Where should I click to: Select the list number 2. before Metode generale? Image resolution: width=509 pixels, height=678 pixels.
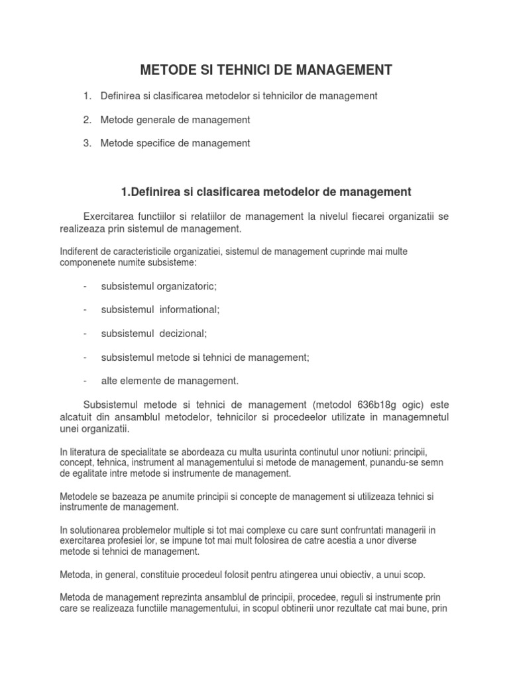[87, 120]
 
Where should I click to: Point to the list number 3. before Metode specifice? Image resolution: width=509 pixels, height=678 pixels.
[87, 143]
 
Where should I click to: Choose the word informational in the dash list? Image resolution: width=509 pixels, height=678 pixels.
[189, 309]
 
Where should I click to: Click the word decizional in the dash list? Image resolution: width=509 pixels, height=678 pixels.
[184, 333]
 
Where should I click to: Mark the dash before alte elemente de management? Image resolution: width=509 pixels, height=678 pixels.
[86, 381]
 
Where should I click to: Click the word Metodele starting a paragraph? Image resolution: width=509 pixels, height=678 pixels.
[79, 497]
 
